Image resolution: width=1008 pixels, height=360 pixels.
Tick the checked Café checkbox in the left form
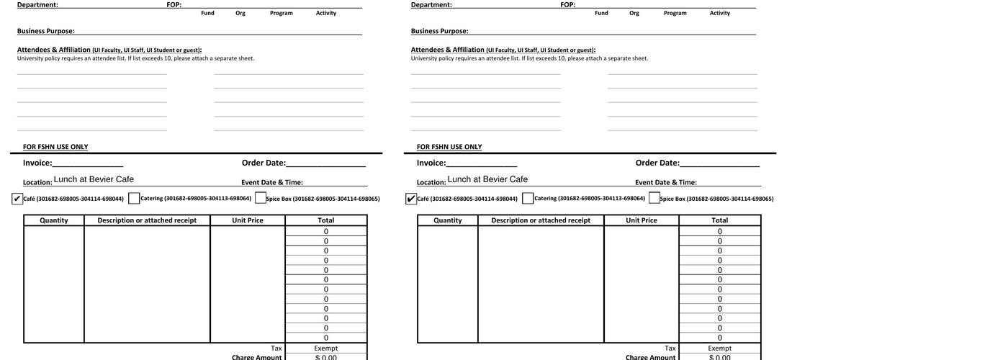pyautogui.click(x=17, y=199)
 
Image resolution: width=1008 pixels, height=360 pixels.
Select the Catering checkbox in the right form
pyautogui.click(x=528, y=198)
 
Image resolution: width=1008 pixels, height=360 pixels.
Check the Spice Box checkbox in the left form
pyautogui.click(x=261, y=198)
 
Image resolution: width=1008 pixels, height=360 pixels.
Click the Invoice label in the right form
pyautogui.click(x=431, y=163)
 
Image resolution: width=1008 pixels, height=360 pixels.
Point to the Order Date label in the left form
pyautogui.click(x=264, y=163)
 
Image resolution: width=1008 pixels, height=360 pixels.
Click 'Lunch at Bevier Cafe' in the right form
pyautogui.click(x=487, y=179)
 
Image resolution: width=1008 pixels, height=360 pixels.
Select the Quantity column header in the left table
pyautogui.click(x=54, y=220)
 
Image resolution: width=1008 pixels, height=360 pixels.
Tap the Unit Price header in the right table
pyautogui.click(x=642, y=220)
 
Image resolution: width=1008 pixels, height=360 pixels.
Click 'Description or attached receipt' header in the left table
pyautogui.click(x=147, y=220)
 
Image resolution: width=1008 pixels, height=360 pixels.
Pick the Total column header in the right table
pyautogui.click(x=720, y=220)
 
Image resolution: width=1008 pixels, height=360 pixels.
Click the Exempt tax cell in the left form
pyautogui.click(x=326, y=348)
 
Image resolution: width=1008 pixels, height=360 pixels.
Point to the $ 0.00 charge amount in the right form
pyautogui.click(x=720, y=357)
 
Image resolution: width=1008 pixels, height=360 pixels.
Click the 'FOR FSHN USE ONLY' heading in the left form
pyautogui.click(x=55, y=147)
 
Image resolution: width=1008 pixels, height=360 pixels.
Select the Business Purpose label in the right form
pyautogui.click(x=439, y=31)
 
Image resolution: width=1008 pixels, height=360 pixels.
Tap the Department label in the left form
pyautogui.click(x=37, y=5)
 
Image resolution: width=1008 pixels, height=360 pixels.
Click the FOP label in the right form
pyautogui.click(x=567, y=5)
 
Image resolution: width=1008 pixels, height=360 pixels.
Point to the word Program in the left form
pyautogui.click(x=282, y=13)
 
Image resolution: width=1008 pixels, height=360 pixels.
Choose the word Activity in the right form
pyautogui.click(x=720, y=13)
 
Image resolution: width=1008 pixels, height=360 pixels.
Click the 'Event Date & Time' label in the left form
pyautogui.click(x=272, y=183)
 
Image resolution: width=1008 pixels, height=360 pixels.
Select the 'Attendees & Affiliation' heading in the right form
pyautogui.click(x=448, y=50)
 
